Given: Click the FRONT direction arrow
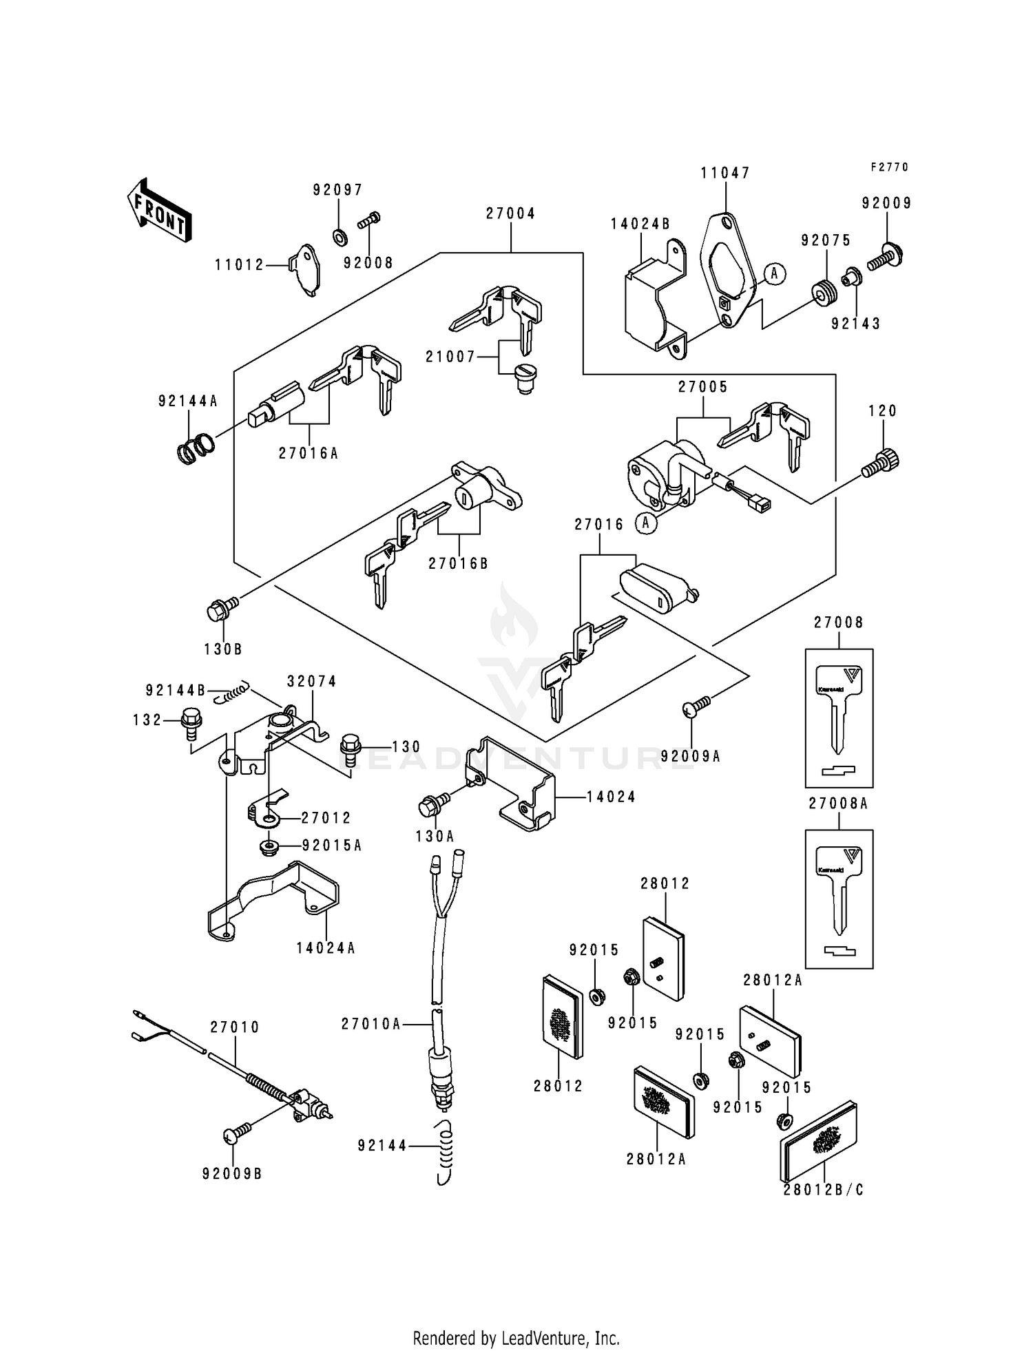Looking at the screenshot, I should pos(158,209).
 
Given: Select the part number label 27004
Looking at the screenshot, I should pos(510,213).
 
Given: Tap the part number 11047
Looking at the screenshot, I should pos(725,173).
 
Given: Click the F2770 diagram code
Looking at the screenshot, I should pos(889,167).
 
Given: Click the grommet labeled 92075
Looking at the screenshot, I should pos(824,291).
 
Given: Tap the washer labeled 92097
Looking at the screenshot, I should pos(339,238).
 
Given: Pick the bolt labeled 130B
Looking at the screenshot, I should pos(222,608).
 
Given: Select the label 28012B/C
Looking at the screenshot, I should pos(823,1189).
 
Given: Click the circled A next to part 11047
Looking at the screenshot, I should pos(774,273).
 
